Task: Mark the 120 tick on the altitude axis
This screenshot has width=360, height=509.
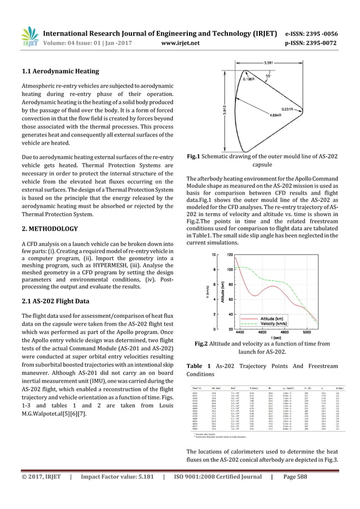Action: tap(230, 255)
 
